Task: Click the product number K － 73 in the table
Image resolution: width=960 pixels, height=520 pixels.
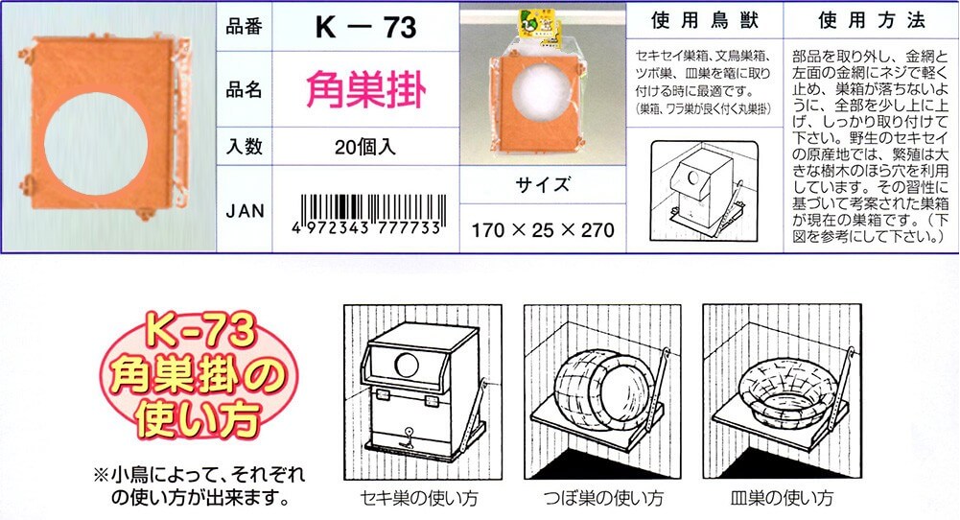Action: (x=365, y=28)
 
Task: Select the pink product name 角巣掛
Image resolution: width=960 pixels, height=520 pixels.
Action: (x=365, y=89)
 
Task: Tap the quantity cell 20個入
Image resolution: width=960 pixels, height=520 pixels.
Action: (x=365, y=147)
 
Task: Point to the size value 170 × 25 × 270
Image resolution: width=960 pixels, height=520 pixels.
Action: (x=543, y=230)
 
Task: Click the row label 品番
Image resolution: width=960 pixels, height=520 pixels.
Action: (x=245, y=27)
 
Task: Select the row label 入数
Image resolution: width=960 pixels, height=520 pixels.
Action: (x=245, y=147)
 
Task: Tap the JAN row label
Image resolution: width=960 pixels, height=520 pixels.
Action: (x=245, y=211)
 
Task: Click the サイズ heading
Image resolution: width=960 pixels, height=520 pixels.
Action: (x=543, y=184)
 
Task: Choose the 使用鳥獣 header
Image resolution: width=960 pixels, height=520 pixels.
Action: (x=705, y=21)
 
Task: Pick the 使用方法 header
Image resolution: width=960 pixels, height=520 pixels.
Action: (x=872, y=21)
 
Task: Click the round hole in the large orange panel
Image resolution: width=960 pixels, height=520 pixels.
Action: (x=96, y=144)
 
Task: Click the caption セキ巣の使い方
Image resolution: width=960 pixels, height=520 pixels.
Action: (x=419, y=497)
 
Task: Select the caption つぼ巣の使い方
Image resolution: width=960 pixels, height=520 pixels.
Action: (x=603, y=497)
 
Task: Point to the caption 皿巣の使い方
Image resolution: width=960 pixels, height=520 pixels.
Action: (x=782, y=497)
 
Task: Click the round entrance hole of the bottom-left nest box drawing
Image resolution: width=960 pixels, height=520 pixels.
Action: (x=406, y=365)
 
